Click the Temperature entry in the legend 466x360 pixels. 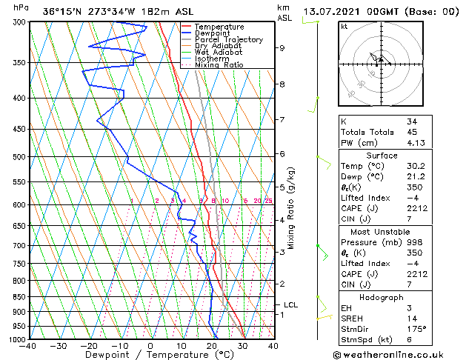pyautogui.click(x=219, y=27)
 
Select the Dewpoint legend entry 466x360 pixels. pyautogui.click(x=213, y=33)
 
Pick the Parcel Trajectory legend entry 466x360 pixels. pyautogui.click(x=228, y=40)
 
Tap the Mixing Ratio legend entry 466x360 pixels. pyautogui.click(x=219, y=65)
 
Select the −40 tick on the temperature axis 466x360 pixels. pyautogui.click(x=29, y=346)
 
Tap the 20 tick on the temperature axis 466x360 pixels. pyautogui.click(x=211, y=346)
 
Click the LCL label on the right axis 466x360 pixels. pyautogui.click(x=290, y=304)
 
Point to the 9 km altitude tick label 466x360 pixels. pyautogui.click(x=282, y=48)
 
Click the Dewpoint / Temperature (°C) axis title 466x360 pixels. pyautogui.click(x=150, y=355)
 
